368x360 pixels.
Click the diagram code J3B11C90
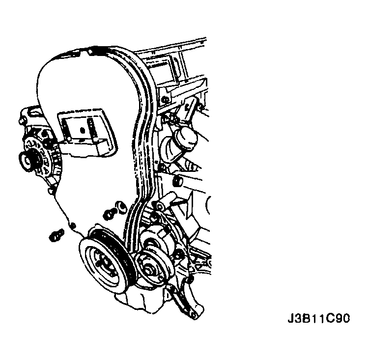[319, 318]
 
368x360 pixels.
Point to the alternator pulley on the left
[28, 162]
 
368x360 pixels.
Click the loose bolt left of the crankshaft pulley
[57, 235]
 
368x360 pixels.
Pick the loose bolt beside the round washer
[109, 214]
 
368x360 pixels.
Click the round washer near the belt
[122, 207]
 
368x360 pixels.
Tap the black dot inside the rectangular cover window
[82, 130]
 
